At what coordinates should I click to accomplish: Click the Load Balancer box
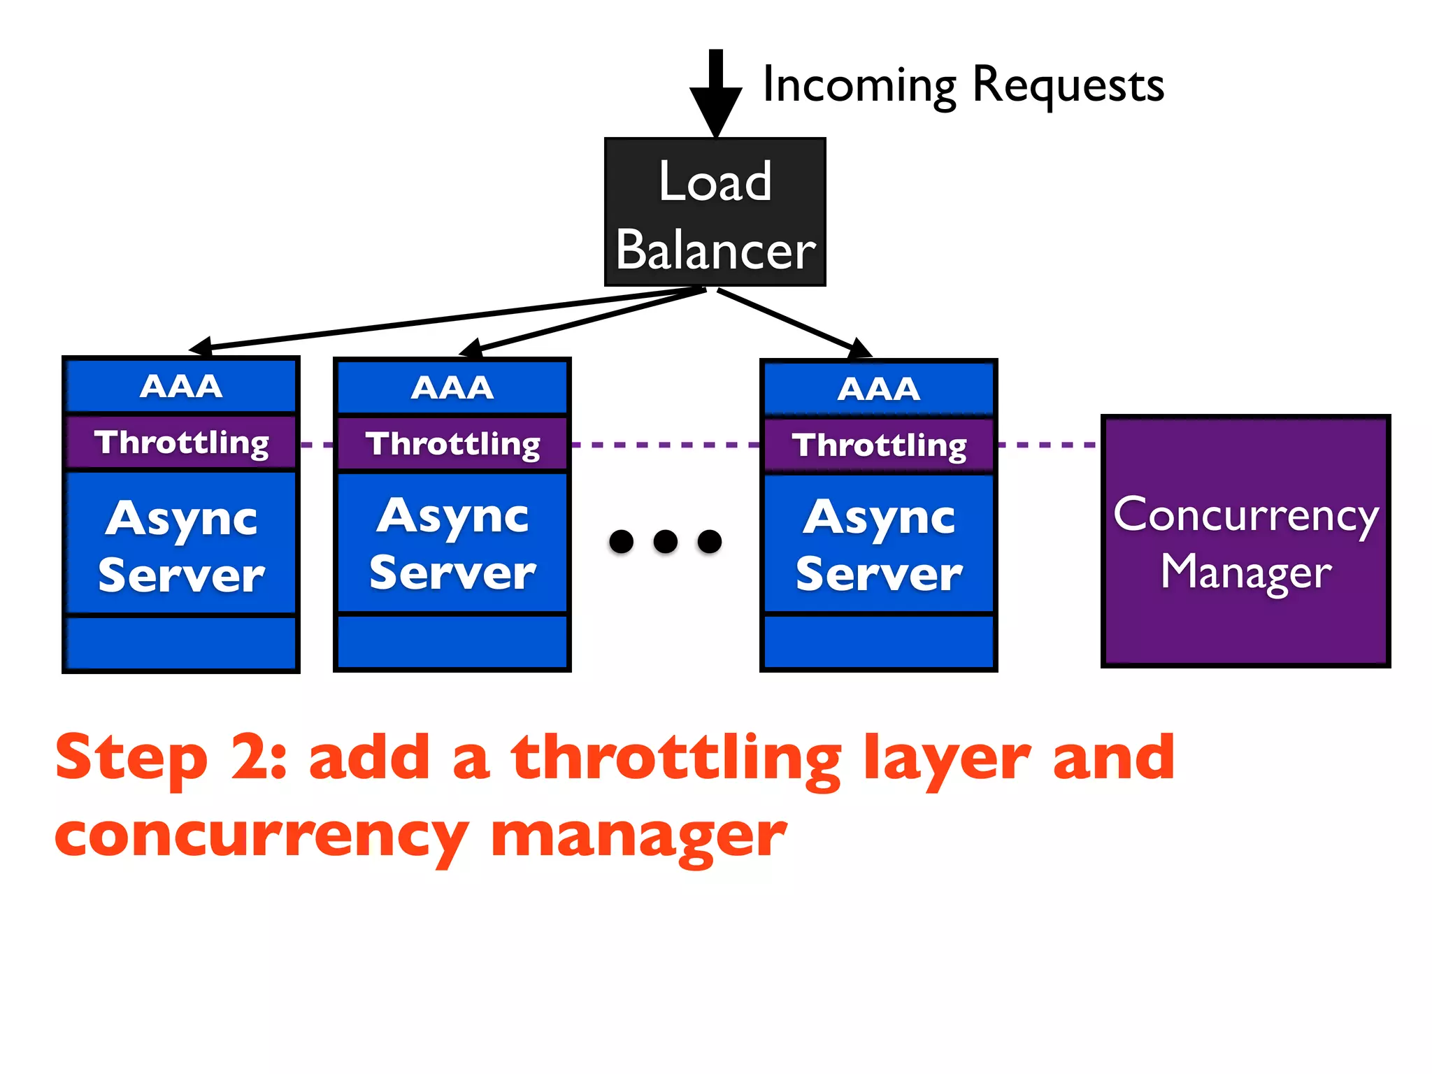pos(715,212)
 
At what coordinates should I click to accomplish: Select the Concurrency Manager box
pos(1245,541)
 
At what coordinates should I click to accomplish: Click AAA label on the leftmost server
pos(181,387)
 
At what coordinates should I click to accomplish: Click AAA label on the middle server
pos(452,388)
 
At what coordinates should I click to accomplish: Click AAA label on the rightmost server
pos(879,389)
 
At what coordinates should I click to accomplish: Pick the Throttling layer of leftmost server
pos(181,443)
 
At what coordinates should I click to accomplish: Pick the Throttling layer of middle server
pos(452,444)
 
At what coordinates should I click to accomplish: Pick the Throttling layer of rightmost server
pos(879,445)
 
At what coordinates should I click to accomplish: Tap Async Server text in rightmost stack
pos(879,545)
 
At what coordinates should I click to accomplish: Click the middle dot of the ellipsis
pos(665,541)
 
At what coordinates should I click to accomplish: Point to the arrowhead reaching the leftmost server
pos(201,347)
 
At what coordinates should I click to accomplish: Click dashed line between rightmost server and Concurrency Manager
pos(1047,445)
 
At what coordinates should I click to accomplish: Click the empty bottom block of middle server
pos(452,641)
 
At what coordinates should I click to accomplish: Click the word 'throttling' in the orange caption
pos(675,759)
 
